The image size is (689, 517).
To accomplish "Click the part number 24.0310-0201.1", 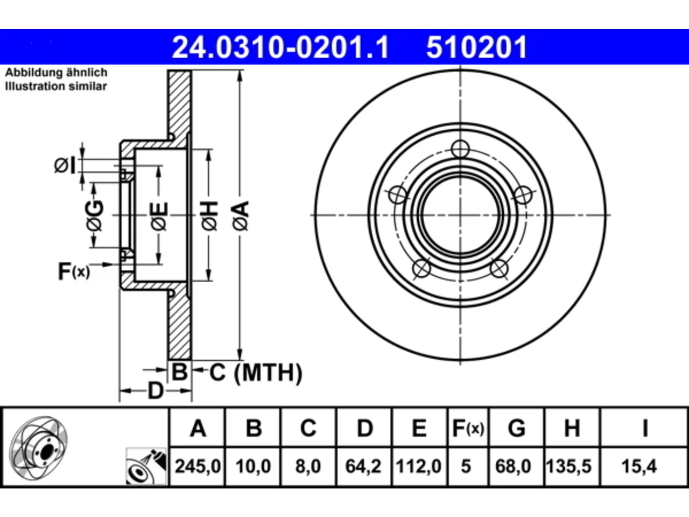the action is (x=280, y=47).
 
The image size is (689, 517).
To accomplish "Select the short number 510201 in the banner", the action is (x=476, y=47).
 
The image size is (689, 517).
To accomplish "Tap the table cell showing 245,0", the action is (x=198, y=466).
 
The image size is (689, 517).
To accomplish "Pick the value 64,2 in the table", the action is (x=363, y=466).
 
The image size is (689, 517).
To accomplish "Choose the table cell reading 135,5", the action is (x=568, y=466).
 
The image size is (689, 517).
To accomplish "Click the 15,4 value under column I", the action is (x=639, y=466).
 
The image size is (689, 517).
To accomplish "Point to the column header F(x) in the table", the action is (x=468, y=428).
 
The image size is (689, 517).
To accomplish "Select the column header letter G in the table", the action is (x=516, y=428).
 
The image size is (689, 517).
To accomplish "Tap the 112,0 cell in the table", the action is (x=419, y=466).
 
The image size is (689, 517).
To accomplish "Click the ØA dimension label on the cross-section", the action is (x=241, y=216).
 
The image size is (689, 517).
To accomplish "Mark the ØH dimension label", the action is (x=210, y=216).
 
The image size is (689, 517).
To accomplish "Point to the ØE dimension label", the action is (x=159, y=216).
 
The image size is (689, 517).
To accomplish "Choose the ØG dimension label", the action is (x=95, y=215).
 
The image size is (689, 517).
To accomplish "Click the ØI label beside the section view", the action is (x=65, y=165).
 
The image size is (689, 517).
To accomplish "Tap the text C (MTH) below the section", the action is (x=256, y=373).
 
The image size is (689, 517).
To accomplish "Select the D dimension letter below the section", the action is (x=156, y=391).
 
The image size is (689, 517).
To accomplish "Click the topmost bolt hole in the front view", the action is (x=460, y=149).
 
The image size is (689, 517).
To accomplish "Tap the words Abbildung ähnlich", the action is (x=56, y=73).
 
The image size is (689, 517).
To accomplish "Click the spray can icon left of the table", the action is (x=146, y=466).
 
